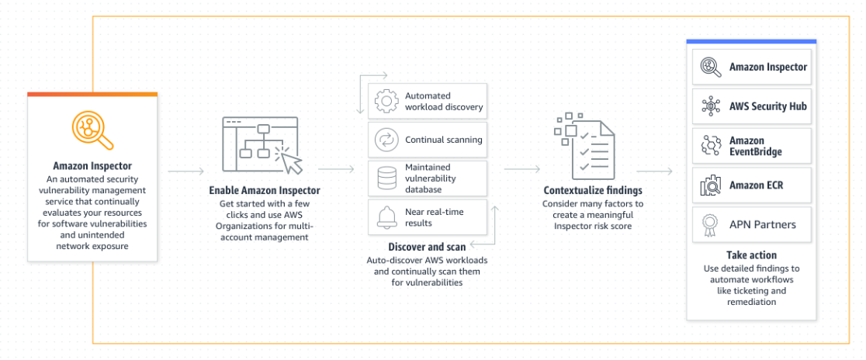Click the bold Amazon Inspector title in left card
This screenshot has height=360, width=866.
tap(92, 166)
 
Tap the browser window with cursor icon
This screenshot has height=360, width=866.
tap(262, 145)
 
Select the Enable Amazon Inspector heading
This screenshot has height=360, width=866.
tap(264, 190)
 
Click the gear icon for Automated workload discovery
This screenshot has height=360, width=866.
tap(386, 102)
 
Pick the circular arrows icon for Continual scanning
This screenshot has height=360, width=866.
tap(386, 140)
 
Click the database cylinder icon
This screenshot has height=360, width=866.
tap(386, 178)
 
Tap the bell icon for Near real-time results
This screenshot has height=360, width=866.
tap(386, 216)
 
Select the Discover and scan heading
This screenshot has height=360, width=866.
tap(426, 247)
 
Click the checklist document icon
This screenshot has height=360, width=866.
tap(582, 145)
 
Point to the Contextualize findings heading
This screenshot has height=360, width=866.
tap(593, 190)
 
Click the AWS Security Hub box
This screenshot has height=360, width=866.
tap(751, 106)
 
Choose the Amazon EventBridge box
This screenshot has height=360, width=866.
tap(751, 146)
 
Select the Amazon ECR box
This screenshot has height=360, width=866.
tap(751, 185)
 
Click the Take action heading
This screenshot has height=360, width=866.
tap(751, 254)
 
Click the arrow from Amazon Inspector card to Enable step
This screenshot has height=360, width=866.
tap(186, 168)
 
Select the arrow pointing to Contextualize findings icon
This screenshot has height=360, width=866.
tap(521, 168)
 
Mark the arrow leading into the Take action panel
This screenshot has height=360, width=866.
tap(653, 168)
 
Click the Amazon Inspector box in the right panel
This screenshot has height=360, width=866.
tap(751, 67)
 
